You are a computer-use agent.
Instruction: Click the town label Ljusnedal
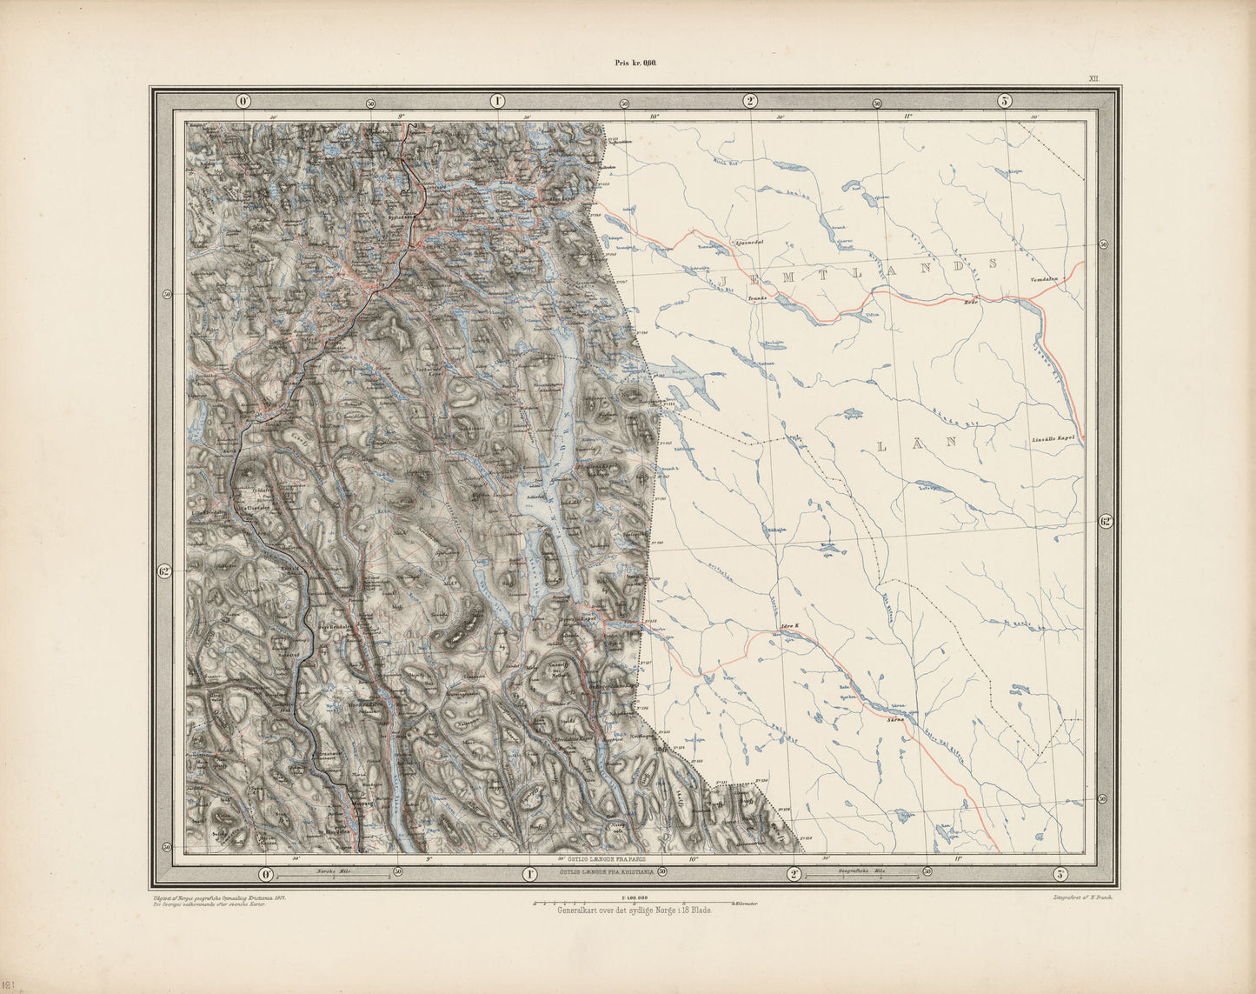click(x=748, y=243)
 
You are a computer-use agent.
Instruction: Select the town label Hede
click(x=972, y=302)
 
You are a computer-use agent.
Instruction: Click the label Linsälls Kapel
click(x=1055, y=437)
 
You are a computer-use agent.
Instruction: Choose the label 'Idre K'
click(x=790, y=624)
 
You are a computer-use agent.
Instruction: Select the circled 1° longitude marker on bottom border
click(x=528, y=873)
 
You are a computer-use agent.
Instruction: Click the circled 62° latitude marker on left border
click(x=165, y=571)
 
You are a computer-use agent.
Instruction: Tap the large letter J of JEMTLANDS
click(x=724, y=276)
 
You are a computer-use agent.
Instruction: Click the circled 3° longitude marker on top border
click(x=1004, y=101)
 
